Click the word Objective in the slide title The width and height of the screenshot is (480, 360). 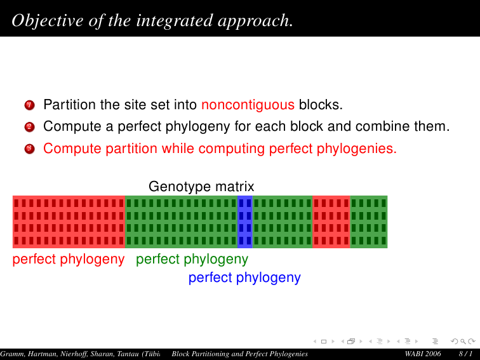pos(48,21)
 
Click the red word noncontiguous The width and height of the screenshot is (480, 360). pos(248,105)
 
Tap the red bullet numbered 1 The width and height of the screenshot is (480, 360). pos(29,105)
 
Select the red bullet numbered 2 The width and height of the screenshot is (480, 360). pos(29,127)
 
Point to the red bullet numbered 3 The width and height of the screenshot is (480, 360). pos(29,149)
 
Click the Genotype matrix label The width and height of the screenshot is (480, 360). pos(201,187)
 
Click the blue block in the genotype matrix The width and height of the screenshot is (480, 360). pos(245,222)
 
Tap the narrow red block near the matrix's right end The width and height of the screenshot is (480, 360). pos(331,222)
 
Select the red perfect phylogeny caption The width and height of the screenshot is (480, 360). pos(69,260)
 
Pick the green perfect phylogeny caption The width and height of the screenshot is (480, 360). pos(192,260)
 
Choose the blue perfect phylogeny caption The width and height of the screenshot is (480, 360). pos(244,278)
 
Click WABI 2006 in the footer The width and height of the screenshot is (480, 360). pos(423,354)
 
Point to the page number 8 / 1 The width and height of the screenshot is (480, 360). pos(465,354)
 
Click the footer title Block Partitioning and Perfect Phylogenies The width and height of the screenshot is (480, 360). pos(240,354)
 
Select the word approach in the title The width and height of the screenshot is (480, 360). pos(254,21)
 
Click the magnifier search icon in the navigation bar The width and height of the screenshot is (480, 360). pos(463,341)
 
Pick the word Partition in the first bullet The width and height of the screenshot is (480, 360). pos(70,105)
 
